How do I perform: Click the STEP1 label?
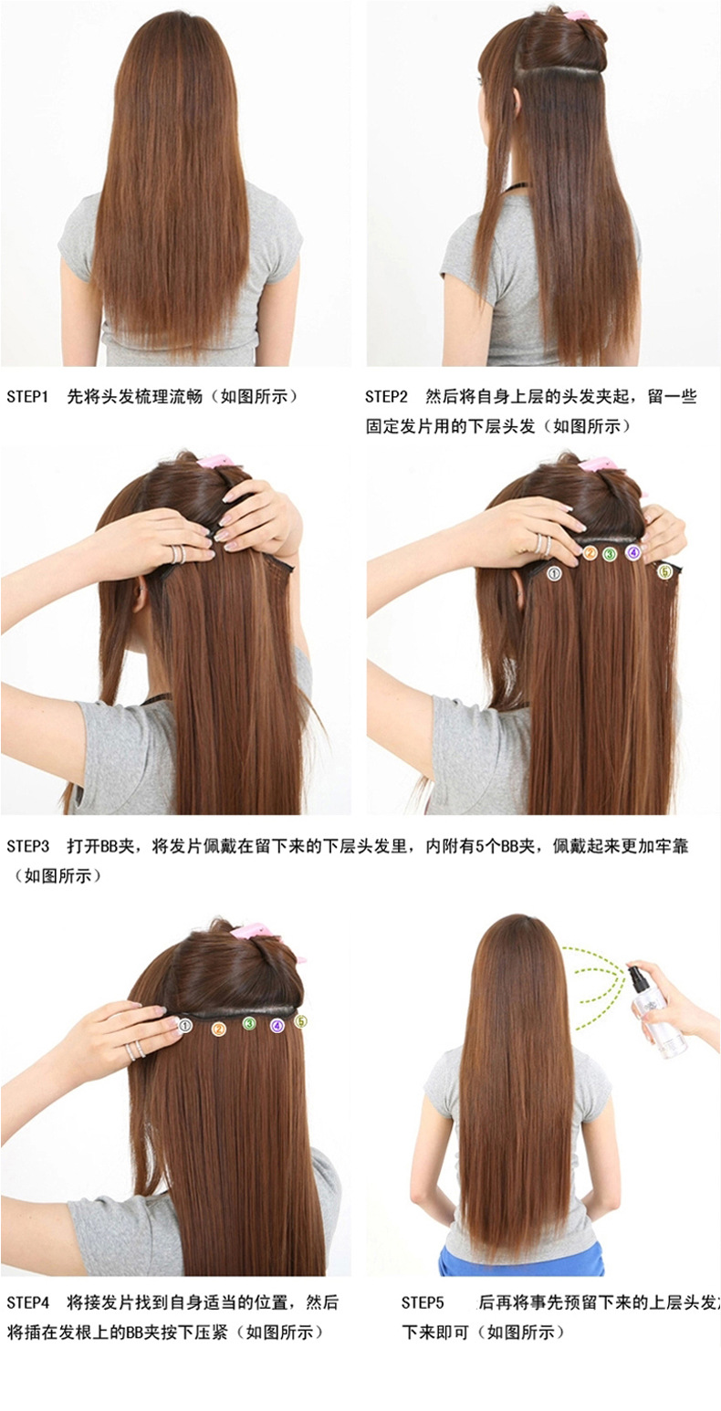pyautogui.click(x=26, y=396)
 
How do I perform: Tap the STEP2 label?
pyautogui.click(x=386, y=396)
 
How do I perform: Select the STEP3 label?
pyautogui.click(x=26, y=846)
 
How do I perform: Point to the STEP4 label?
pyautogui.click(x=26, y=1301)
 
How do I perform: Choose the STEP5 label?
pyautogui.click(x=422, y=1301)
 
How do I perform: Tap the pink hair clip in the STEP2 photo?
pyautogui.click(x=576, y=15)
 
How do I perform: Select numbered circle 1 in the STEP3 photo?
pyautogui.click(x=553, y=573)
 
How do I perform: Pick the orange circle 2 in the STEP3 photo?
pyautogui.click(x=590, y=552)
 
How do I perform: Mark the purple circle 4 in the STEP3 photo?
pyautogui.click(x=633, y=552)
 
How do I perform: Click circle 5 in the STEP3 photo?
pyautogui.click(x=665, y=571)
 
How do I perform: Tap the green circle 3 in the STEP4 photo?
pyautogui.click(x=248, y=1024)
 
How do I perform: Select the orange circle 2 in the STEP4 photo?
pyautogui.click(x=219, y=1029)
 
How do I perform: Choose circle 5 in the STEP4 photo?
pyautogui.click(x=301, y=1021)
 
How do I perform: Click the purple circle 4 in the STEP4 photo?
pyautogui.click(x=277, y=1026)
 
